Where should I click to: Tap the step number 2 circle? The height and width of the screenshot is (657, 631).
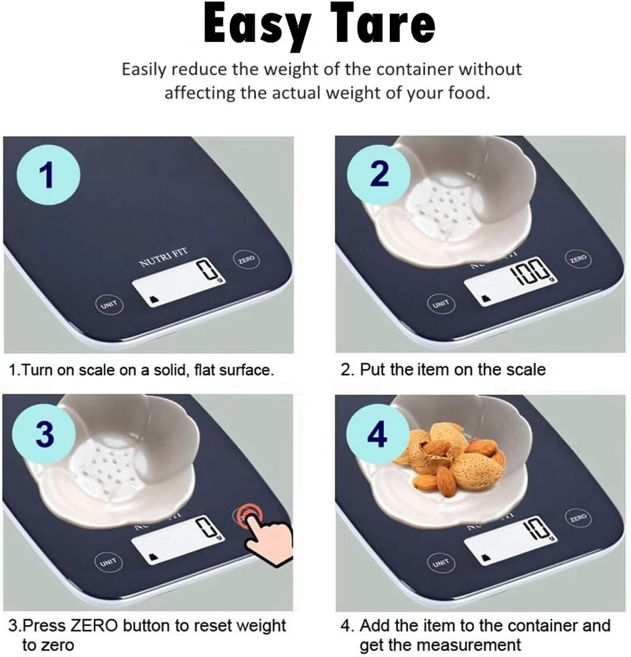379,172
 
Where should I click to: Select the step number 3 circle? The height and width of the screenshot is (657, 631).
45,433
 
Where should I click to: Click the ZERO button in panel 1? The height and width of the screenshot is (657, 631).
246,260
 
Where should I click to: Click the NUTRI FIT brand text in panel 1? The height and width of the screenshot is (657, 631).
163,258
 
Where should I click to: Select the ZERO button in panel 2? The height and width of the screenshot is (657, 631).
578,259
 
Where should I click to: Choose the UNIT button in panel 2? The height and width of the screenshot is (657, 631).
441,304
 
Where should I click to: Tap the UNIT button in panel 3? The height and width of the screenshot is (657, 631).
108,562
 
